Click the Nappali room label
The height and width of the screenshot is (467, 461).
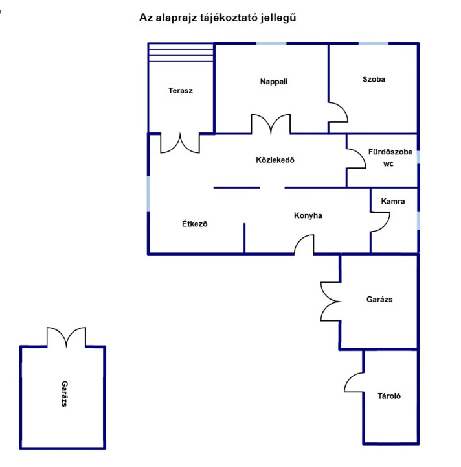pyautogui.click(x=273, y=82)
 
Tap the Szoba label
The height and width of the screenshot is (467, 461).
pyautogui.click(x=374, y=79)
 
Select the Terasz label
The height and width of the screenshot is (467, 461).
pyautogui.click(x=181, y=91)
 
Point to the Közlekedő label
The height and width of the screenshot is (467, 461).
pyautogui.click(x=275, y=160)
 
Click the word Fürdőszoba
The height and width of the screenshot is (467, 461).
pyautogui.click(x=390, y=152)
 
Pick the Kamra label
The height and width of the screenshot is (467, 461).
pyautogui.click(x=392, y=201)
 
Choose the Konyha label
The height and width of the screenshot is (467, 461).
pyautogui.click(x=308, y=215)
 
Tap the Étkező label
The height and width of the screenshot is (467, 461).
pyautogui.click(x=195, y=224)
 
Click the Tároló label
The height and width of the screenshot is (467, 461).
pyautogui.click(x=389, y=396)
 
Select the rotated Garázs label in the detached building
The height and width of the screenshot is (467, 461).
pyautogui.click(x=65, y=394)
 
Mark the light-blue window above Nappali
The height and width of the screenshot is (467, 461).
pyautogui.click(x=271, y=43)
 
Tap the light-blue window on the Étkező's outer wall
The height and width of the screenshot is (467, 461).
pyautogui.click(x=148, y=193)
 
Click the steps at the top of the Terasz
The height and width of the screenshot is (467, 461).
pyautogui.click(x=181, y=53)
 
